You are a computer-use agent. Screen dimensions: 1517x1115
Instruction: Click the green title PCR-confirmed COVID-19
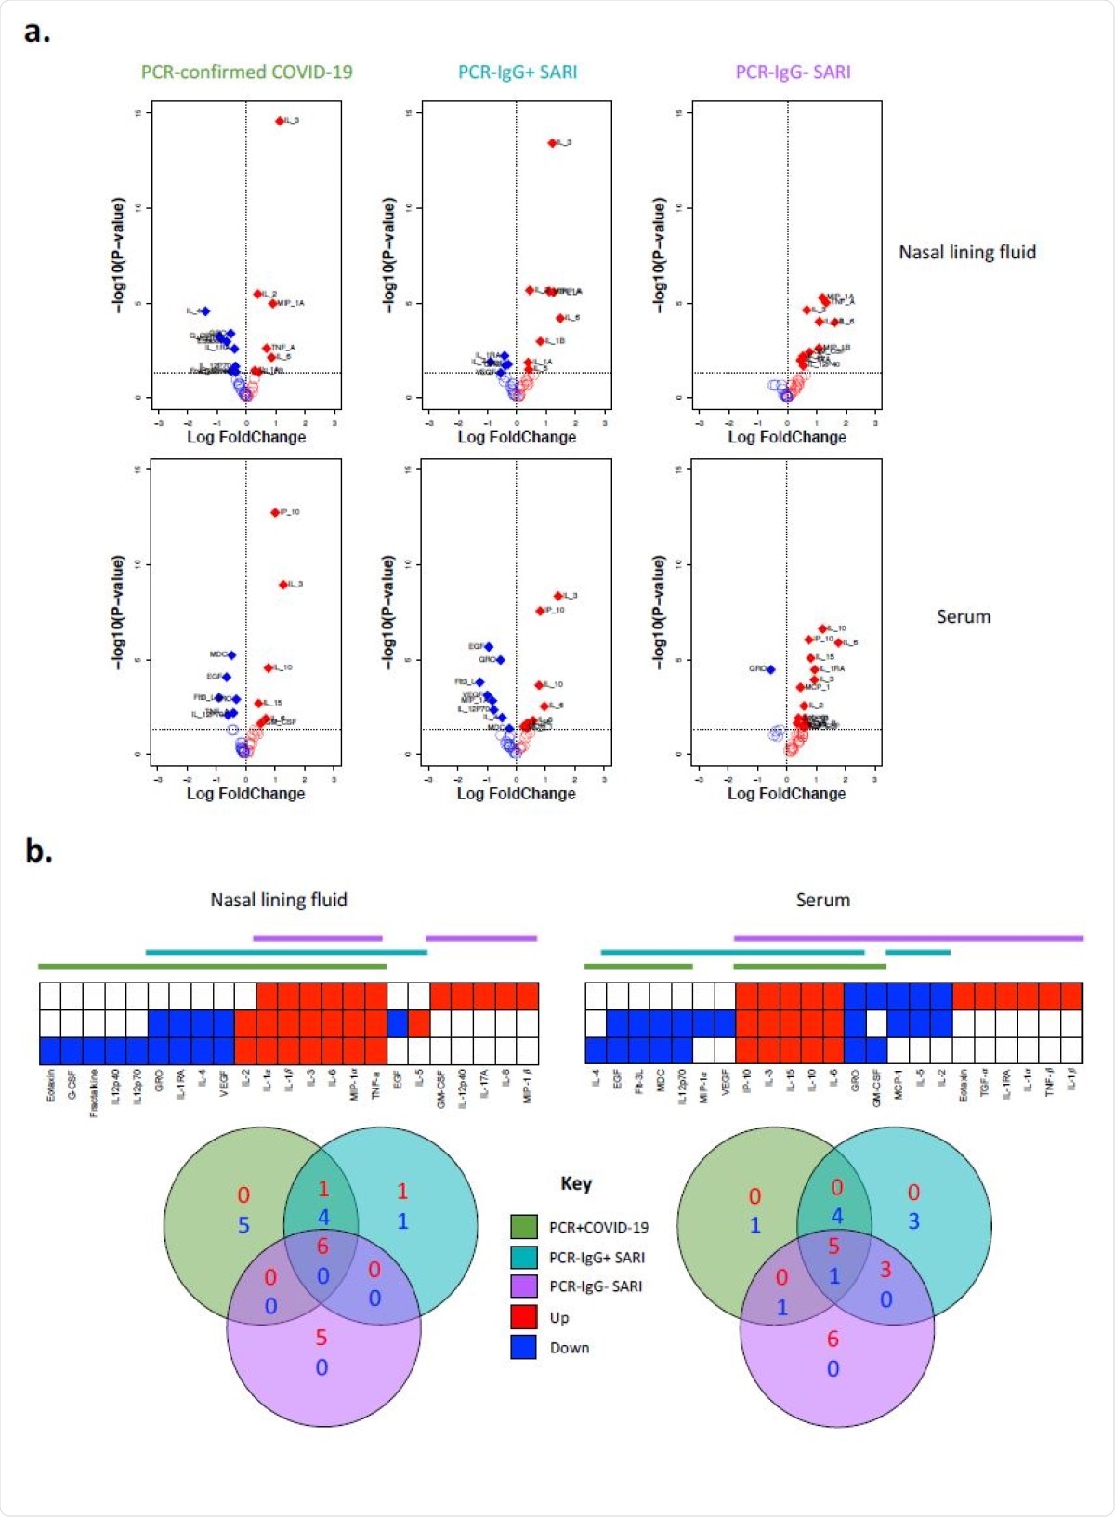click(x=246, y=72)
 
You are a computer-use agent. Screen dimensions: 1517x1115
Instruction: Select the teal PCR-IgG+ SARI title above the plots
click(x=518, y=72)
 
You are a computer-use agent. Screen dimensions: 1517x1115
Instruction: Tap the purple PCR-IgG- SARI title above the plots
click(x=793, y=72)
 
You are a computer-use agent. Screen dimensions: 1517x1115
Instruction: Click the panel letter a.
click(x=37, y=32)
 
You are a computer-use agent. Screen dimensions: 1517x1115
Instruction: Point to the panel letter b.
click(x=38, y=850)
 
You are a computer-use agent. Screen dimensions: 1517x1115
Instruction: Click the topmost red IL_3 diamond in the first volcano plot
click(x=280, y=121)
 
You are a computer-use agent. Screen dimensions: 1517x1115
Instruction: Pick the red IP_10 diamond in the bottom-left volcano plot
click(x=275, y=512)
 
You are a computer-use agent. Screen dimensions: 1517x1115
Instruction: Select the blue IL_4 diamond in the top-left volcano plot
click(x=205, y=311)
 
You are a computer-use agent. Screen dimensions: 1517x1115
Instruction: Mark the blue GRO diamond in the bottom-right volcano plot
click(x=770, y=669)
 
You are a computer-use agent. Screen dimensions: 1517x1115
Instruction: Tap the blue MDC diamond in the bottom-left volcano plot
click(x=231, y=655)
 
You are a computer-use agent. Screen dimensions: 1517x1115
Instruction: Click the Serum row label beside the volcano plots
click(x=963, y=616)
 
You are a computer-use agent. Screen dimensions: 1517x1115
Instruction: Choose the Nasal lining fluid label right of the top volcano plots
click(x=966, y=252)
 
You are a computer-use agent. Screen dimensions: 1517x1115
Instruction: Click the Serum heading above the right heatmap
click(x=822, y=900)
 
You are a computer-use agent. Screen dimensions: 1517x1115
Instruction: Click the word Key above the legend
click(x=575, y=1183)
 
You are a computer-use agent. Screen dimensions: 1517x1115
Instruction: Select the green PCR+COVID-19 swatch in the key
click(x=524, y=1227)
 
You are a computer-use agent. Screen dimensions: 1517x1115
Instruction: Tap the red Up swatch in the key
click(x=524, y=1317)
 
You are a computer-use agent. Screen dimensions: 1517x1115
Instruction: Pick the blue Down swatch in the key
click(x=524, y=1348)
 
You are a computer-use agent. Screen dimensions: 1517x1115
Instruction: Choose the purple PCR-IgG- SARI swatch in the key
click(x=524, y=1286)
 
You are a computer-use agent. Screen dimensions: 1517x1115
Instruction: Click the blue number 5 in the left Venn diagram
click(x=243, y=1225)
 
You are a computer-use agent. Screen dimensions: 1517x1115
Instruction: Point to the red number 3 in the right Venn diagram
click(x=885, y=1269)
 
